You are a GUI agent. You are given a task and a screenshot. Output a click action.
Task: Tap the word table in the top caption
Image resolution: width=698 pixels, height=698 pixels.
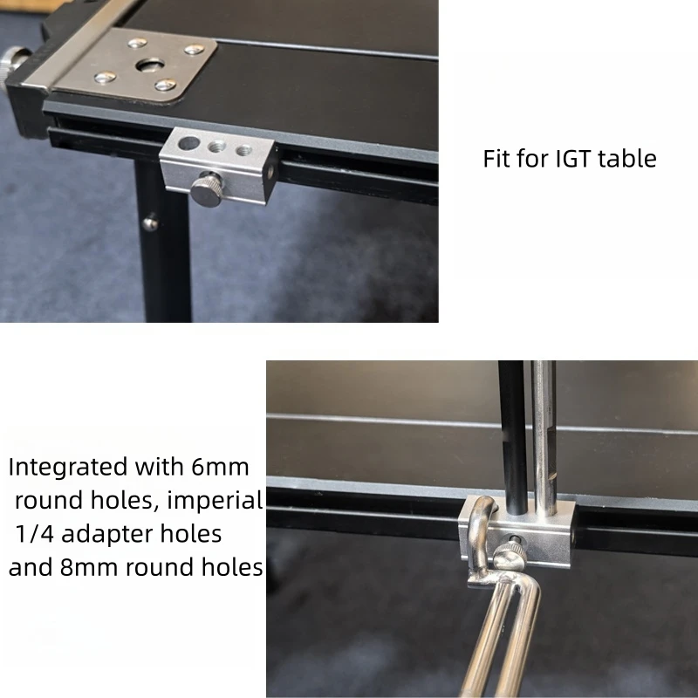627,159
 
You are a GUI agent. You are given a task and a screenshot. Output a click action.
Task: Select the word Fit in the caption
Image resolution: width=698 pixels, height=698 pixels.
497,159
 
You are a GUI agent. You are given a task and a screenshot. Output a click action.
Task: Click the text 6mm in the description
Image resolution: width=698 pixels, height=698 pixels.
220,467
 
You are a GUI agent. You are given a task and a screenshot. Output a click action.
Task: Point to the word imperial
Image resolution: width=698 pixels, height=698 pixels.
216,501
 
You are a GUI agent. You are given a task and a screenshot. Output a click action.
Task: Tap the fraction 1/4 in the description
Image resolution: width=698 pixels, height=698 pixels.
34,534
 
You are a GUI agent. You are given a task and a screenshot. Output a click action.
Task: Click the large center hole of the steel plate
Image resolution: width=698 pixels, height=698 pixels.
150,65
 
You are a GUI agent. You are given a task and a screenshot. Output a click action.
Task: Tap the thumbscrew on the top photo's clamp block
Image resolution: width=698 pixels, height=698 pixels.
207,189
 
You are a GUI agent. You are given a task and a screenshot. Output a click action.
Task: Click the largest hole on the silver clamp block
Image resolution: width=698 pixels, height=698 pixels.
188,143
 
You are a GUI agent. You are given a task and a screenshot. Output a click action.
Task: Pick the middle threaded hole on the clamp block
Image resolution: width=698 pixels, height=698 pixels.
216,147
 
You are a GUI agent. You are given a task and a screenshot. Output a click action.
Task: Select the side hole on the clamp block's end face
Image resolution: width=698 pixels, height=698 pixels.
270,171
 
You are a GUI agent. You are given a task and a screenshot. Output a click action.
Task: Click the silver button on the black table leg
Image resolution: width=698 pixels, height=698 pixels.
150,223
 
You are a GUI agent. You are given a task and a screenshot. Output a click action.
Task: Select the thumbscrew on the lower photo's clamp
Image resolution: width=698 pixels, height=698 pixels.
510,553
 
